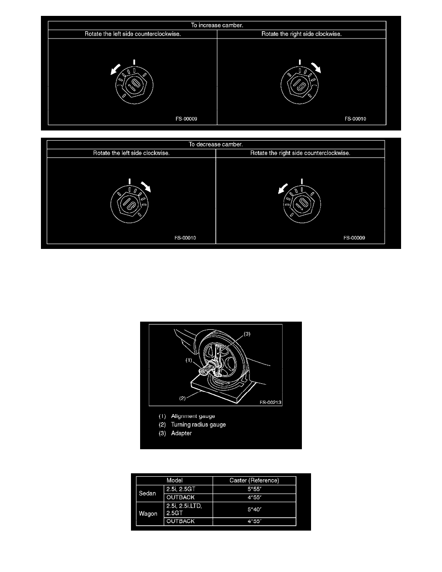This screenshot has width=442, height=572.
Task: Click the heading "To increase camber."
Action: point(217,25)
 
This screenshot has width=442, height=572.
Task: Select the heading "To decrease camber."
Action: point(216,144)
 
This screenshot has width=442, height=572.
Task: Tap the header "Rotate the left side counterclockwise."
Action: point(133,34)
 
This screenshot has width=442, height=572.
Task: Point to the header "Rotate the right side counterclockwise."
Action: point(300,153)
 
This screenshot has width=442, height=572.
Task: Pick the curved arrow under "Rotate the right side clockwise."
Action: point(316,67)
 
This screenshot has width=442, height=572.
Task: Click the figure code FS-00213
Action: point(271,403)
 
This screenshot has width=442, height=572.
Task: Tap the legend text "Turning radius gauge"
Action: point(198,425)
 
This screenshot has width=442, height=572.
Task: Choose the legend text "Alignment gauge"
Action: point(193,416)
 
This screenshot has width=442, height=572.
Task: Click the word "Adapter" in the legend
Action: point(181,433)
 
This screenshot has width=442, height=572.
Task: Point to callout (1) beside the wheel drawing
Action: point(189,360)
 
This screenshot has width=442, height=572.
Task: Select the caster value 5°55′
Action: point(254,489)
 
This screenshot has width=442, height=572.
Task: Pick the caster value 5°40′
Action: point(254,509)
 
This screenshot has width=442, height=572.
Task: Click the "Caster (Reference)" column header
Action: point(254,481)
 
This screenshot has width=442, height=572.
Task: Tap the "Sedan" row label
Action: point(147,493)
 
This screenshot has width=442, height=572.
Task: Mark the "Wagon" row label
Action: point(148,514)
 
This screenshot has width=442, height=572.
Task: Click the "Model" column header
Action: point(174,481)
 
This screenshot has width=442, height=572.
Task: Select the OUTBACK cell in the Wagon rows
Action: point(181,521)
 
